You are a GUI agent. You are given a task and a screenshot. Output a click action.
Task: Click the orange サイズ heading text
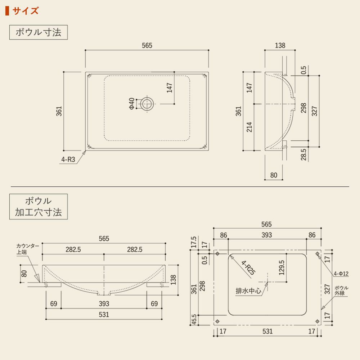click(x=25, y=11)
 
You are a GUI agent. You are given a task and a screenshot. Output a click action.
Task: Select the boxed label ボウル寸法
click(x=39, y=32)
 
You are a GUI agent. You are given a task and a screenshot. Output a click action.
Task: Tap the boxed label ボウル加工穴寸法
click(x=39, y=207)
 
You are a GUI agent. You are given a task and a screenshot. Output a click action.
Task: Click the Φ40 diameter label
click(x=131, y=104)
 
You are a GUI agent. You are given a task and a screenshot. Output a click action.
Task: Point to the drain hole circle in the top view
click(x=147, y=104)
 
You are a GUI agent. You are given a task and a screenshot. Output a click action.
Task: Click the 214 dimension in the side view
click(x=249, y=127)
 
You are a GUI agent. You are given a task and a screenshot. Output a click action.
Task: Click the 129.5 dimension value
click(x=282, y=267)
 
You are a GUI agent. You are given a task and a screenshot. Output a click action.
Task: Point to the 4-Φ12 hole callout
click(x=341, y=274)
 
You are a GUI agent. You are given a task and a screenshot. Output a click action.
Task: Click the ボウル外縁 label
click(x=341, y=291)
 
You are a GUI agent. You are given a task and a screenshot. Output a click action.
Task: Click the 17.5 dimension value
click(x=194, y=242)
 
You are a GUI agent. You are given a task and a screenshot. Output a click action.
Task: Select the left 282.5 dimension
click(x=73, y=249)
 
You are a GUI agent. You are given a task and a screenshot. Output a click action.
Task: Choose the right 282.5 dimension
click(x=135, y=249)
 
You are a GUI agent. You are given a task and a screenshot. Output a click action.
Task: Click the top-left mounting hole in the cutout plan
click(x=217, y=254)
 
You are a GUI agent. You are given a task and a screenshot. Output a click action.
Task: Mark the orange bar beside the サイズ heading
click(x=7, y=11)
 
